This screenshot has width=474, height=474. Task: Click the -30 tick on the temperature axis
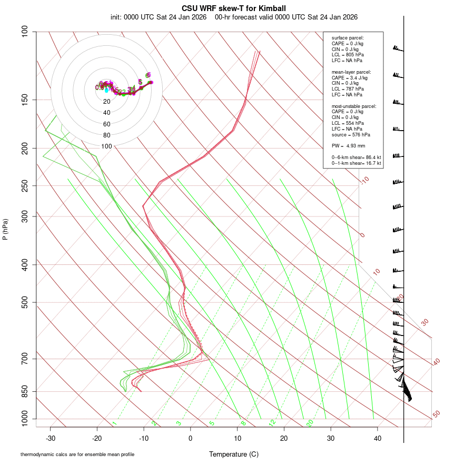point(51,438)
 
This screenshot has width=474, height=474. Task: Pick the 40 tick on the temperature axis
point(377,438)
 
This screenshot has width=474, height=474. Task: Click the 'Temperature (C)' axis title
point(234,454)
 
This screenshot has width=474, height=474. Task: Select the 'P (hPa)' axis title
point(5,230)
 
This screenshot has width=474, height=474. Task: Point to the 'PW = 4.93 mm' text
point(348,146)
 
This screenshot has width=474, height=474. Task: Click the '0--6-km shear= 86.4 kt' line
point(356,157)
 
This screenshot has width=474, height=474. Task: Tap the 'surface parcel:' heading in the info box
point(348,38)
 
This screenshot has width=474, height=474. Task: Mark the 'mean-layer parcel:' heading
point(351,72)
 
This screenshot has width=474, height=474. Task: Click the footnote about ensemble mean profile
point(77,454)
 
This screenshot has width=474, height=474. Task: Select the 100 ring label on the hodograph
point(106,146)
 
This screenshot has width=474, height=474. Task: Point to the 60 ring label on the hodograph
point(106,124)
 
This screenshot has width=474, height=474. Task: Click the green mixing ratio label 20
point(310,422)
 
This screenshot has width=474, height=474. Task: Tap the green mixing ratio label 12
point(272,422)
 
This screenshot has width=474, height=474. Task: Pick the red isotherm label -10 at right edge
point(365,180)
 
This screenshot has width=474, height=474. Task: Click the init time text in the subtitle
point(159,17)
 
